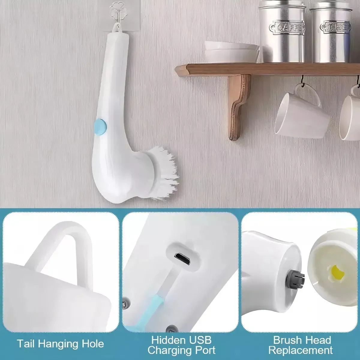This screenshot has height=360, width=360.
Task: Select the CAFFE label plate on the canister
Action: tap(286, 28)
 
